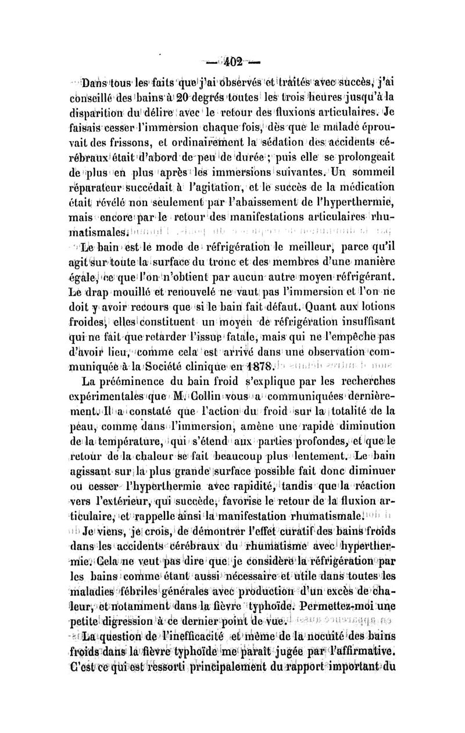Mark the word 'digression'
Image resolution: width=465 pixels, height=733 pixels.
pyautogui.click(x=127, y=623)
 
